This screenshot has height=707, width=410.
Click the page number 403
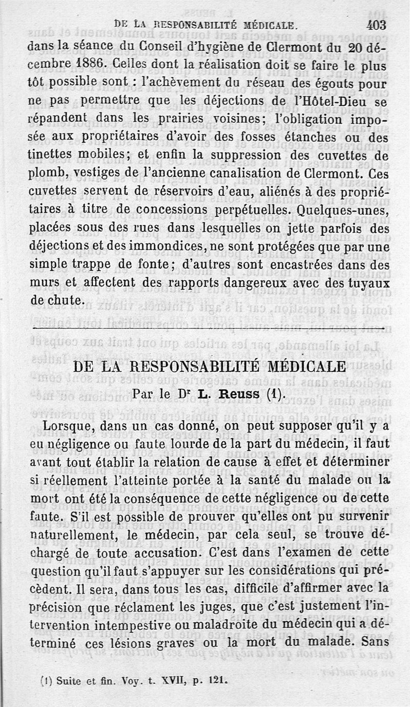coord(376,24)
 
